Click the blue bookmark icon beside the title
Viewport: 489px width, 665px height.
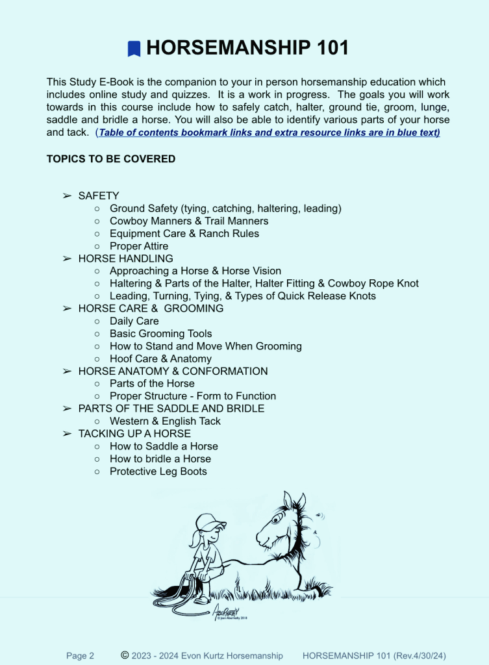tap(134, 49)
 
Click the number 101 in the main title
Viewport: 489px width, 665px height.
tap(325, 48)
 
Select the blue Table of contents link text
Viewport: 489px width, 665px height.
tap(269, 132)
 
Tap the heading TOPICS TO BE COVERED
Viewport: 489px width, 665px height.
tap(111, 158)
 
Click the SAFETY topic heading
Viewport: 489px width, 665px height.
tap(99, 195)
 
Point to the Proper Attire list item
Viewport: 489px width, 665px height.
tap(139, 246)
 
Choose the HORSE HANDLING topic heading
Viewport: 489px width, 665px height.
tap(125, 258)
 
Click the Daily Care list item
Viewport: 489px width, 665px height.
tap(134, 321)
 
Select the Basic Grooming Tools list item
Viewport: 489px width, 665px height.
tap(161, 334)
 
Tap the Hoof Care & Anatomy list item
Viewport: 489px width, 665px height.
tap(160, 358)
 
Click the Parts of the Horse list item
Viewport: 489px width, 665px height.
tap(152, 383)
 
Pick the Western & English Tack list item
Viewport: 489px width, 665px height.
tap(165, 421)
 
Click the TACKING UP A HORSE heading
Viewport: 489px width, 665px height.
tap(134, 433)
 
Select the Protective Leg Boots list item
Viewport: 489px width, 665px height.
tap(158, 471)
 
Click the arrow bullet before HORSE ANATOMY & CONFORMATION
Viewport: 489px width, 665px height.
tap(66, 371)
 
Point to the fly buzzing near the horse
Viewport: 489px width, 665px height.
tap(320, 516)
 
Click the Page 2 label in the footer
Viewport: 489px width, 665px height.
tap(80, 656)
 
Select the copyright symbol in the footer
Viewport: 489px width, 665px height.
tap(125, 655)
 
